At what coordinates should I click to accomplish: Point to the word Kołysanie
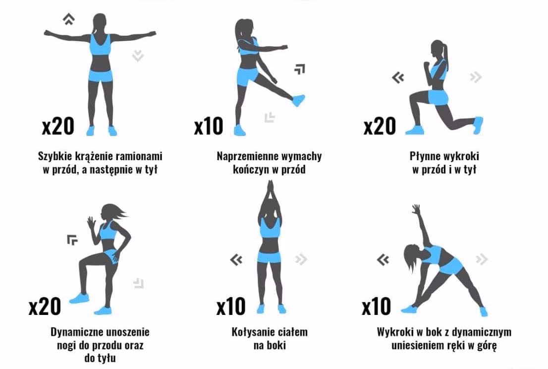(x=252, y=332)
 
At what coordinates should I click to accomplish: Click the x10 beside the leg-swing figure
(x=209, y=126)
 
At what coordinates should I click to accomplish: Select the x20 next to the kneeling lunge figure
(x=380, y=126)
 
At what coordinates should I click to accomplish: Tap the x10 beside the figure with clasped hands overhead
(x=231, y=307)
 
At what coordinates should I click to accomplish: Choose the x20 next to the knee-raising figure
(x=45, y=307)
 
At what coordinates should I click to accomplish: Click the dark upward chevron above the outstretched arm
(x=69, y=19)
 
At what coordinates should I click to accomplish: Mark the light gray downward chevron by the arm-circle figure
(x=138, y=56)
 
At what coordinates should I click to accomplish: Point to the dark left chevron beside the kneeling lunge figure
(x=398, y=77)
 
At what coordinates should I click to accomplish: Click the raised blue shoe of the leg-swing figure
(x=298, y=100)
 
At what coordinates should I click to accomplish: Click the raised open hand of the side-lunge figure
(x=416, y=209)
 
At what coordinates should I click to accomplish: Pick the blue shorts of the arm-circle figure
(x=101, y=75)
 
